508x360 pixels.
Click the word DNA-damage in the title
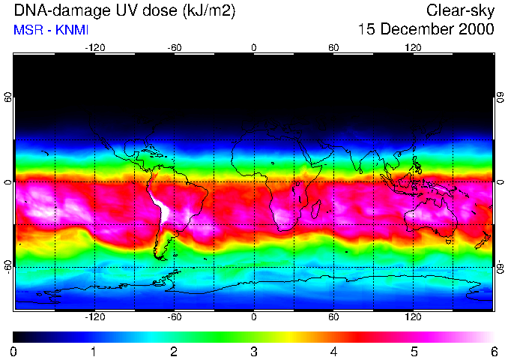pyautogui.click(x=48, y=10)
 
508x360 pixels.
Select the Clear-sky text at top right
pyautogui.click(x=460, y=10)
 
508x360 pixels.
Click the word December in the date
pyautogui.click(x=417, y=30)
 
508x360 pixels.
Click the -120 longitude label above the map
pyautogui.click(x=94, y=47)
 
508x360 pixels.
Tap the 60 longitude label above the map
pyautogui.click(x=333, y=47)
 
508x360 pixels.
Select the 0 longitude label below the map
pyautogui.click(x=254, y=317)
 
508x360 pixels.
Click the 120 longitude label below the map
pyautogui.click(x=413, y=317)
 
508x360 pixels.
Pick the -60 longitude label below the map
pyautogui.click(x=175, y=317)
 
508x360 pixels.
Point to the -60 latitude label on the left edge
pyautogui.click(x=8, y=266)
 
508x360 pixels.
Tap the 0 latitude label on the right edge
pyautogui.click(x=501, y=182)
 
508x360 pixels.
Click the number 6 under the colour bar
pyautogui.click(x=493, y=351)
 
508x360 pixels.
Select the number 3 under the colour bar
pyautogui.click(x=253, y=351)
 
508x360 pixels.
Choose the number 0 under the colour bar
pyautogui.click(x=14, y=351)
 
